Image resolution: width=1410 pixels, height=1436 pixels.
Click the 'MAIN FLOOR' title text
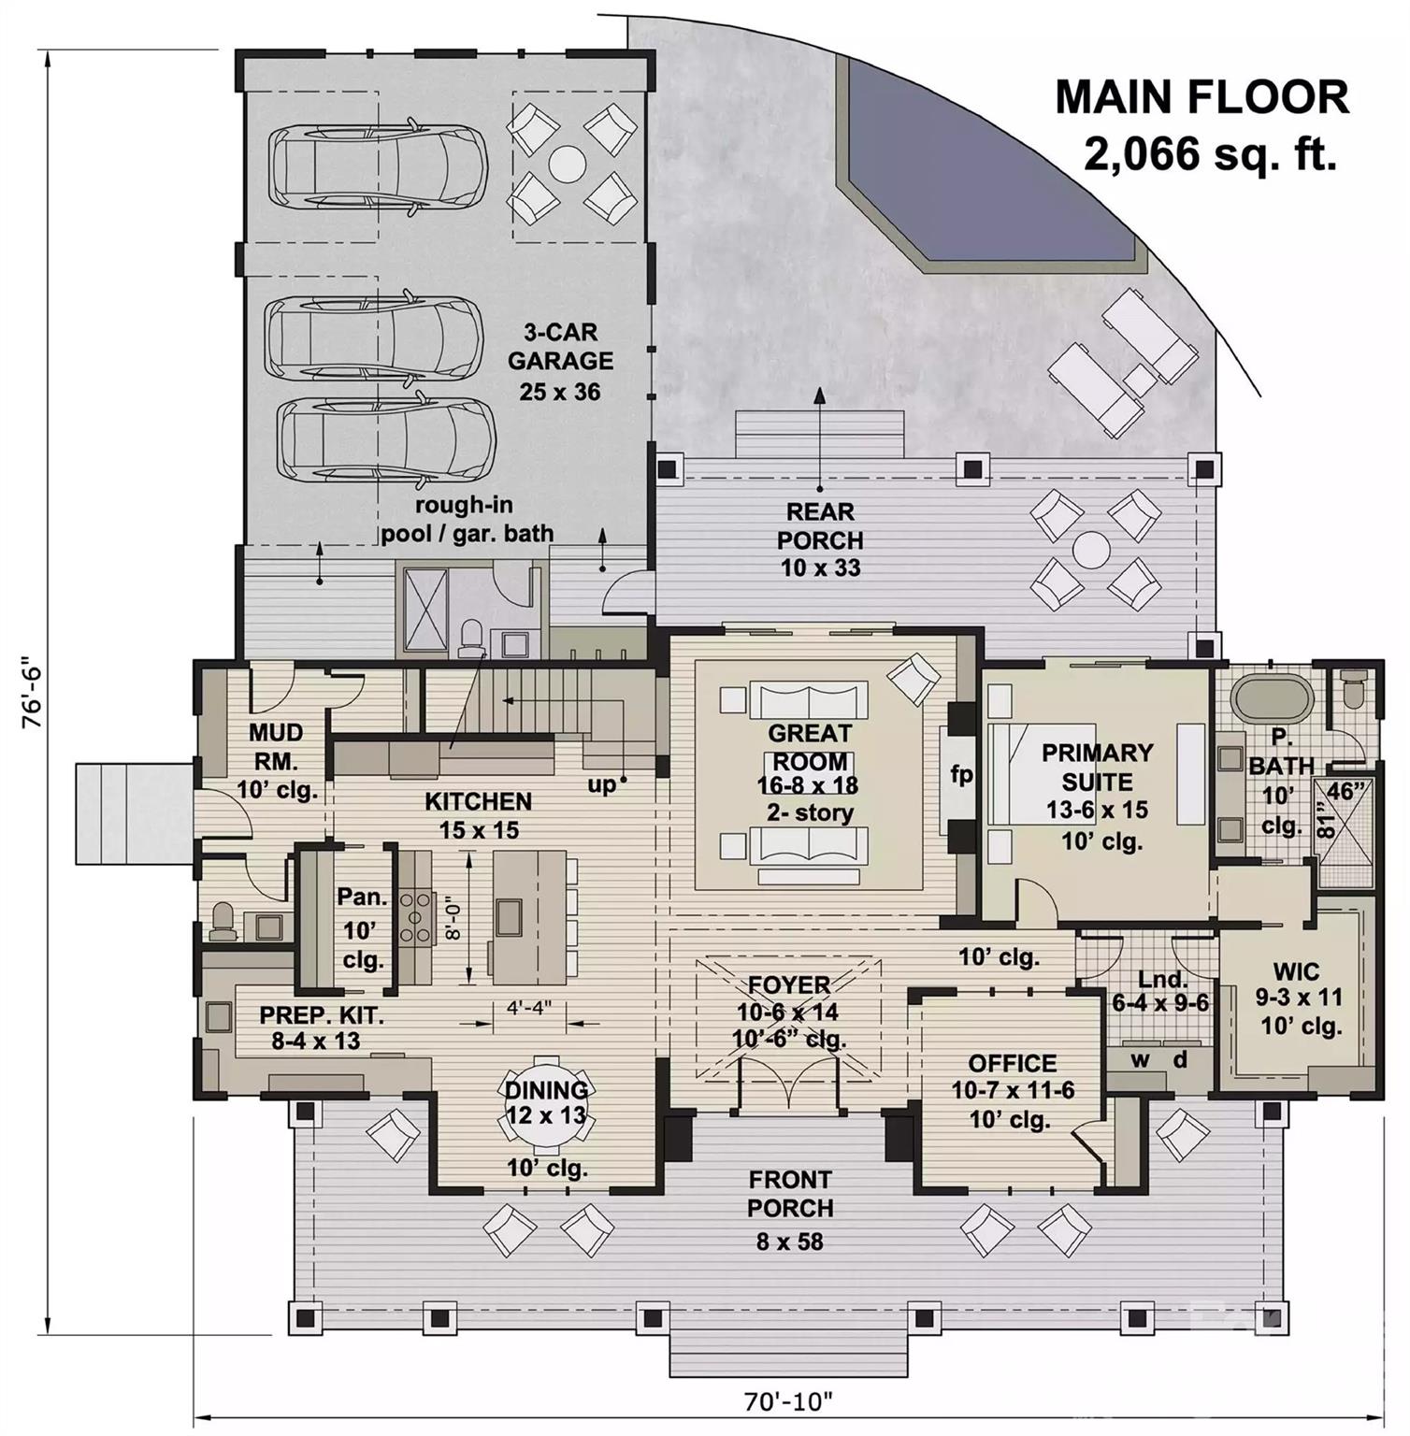point(1201,97)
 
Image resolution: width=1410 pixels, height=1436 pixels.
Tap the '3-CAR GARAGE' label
point(560,347)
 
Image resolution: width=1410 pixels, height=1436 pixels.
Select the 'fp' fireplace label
point(961,774)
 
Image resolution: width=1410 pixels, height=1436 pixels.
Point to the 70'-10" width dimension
point(787,1401)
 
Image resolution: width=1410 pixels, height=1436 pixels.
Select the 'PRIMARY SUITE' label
point(1097,767)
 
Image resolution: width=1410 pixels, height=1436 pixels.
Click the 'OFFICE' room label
point(1012,1064)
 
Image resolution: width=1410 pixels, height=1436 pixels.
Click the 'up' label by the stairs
point(602,784)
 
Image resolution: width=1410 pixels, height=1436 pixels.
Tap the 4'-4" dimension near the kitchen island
point(530,1008)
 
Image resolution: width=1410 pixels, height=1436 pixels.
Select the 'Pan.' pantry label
point(363,897)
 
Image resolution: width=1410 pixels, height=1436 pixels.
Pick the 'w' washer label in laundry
point(1140,1060)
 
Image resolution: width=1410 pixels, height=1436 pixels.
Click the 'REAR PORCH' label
point(820,526)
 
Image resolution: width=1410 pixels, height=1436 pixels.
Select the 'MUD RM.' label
point(276,747)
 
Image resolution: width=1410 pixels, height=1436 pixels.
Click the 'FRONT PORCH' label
point(790,1194)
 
